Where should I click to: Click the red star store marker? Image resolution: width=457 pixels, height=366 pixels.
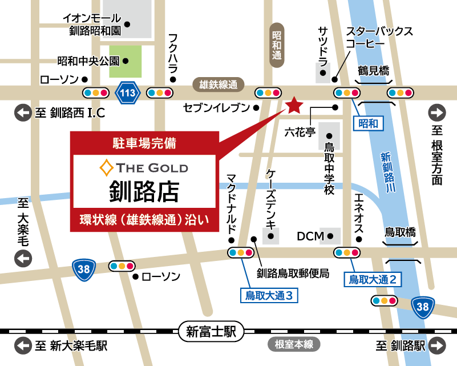[294, 104]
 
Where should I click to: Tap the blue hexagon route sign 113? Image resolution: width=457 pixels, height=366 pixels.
[127, 92]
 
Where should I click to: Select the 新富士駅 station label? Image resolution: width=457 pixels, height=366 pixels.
[211, 330]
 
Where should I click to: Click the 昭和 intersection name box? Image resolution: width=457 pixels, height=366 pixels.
[369, 123]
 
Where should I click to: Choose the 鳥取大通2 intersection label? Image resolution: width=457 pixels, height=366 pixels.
[373, 279]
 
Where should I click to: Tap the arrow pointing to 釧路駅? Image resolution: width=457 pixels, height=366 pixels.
[438, 345]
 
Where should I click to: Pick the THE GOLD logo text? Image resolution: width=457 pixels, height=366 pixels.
[144, 167]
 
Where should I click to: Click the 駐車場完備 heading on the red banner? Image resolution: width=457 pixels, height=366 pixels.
[144, 143]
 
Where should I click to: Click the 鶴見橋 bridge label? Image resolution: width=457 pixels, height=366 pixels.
[374, 71]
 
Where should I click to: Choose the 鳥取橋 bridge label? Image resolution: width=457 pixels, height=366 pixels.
[400, 232]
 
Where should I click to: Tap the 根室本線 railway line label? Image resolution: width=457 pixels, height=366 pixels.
[293, 344]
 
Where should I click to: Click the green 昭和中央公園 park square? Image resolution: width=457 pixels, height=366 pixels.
[125, 62]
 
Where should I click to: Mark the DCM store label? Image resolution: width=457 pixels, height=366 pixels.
[310, 236]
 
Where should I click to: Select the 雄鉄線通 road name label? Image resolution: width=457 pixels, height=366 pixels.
[218, 85]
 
